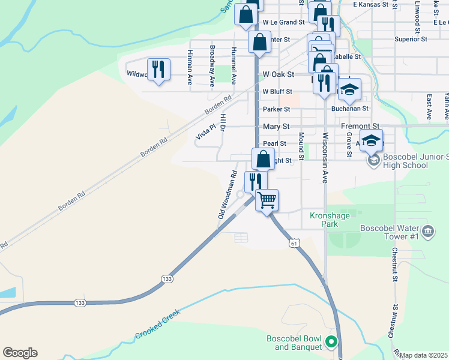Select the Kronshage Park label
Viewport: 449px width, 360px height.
tap(324, 220)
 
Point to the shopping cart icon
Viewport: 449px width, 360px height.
tap(267, 199)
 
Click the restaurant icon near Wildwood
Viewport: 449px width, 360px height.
tap(158, 69)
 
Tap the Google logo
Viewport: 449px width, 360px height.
tap(20, 353)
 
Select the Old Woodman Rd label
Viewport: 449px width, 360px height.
tap(227, 195)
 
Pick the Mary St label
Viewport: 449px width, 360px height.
tap(276, 127)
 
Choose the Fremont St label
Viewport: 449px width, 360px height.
tap(360, 127)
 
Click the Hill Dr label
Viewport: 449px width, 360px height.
tap(223, 122)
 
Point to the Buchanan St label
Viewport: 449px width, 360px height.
tap(350, 109)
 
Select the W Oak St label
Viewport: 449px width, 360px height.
tap(279, 74)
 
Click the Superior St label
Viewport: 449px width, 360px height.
tap(411, 39)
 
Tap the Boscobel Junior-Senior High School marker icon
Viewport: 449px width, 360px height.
tap(373, 160)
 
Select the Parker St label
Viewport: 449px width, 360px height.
tap(276, 109)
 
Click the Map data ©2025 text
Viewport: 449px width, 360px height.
tap(424, 355)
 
